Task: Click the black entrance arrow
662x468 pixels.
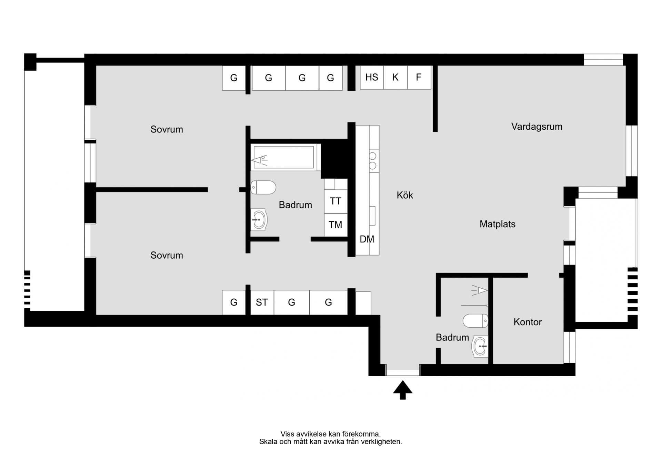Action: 403,390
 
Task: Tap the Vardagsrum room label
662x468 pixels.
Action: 536,127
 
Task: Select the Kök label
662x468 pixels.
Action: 405,195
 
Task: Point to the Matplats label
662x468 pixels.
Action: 497,224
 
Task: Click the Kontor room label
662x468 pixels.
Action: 528,322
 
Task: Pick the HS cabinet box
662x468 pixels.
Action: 372,77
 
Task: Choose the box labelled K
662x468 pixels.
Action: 395,77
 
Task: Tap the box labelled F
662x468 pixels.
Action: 419,77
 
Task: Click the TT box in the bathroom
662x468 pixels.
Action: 336,201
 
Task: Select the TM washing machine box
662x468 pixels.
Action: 336,225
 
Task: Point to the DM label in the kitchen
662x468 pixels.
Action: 367,239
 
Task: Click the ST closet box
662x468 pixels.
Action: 262,302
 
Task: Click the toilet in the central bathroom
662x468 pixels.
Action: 263,188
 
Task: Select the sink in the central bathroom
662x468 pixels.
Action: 259,220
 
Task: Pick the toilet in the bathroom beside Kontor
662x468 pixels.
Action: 475,321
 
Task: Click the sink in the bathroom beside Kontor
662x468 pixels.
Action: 480,346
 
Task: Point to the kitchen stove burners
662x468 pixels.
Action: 373,161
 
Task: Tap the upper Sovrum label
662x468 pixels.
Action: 167,130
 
